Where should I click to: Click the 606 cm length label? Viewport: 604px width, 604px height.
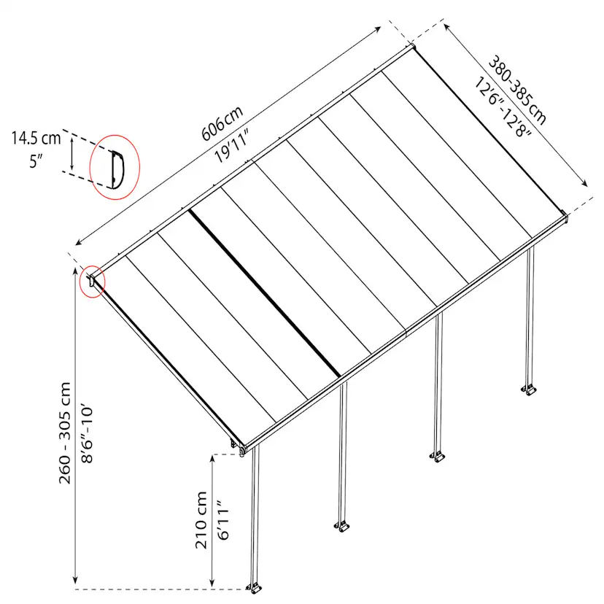(x=222, y=123)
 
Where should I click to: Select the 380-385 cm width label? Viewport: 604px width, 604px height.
(x=517, y=90)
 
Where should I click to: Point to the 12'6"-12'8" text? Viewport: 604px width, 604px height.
(x=503, y=107)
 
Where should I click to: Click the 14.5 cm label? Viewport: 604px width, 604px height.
(x=36, y=139)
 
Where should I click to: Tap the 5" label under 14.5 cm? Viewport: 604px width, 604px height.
(x=36, y=161)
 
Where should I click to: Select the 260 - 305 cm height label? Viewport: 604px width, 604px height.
(x=65, y=433)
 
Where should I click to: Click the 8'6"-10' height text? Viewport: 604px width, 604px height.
(x=88, y=433)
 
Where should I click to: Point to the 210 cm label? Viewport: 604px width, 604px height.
(x=201, y=519)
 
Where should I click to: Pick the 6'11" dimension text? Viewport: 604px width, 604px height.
(x=223, y=520)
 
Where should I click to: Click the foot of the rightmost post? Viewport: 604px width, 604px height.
(x=530, y=390)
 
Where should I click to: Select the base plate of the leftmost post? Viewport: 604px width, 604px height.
(x=255, y=589)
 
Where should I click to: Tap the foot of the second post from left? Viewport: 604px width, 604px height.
(x=342, y=526)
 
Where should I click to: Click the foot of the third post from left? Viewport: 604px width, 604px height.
(x=438, y=457)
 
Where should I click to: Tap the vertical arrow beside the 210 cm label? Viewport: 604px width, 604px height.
(x=212, y=522)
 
